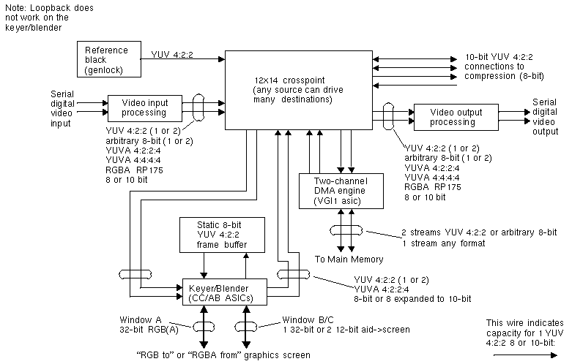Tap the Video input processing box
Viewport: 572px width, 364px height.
point(145,107)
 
